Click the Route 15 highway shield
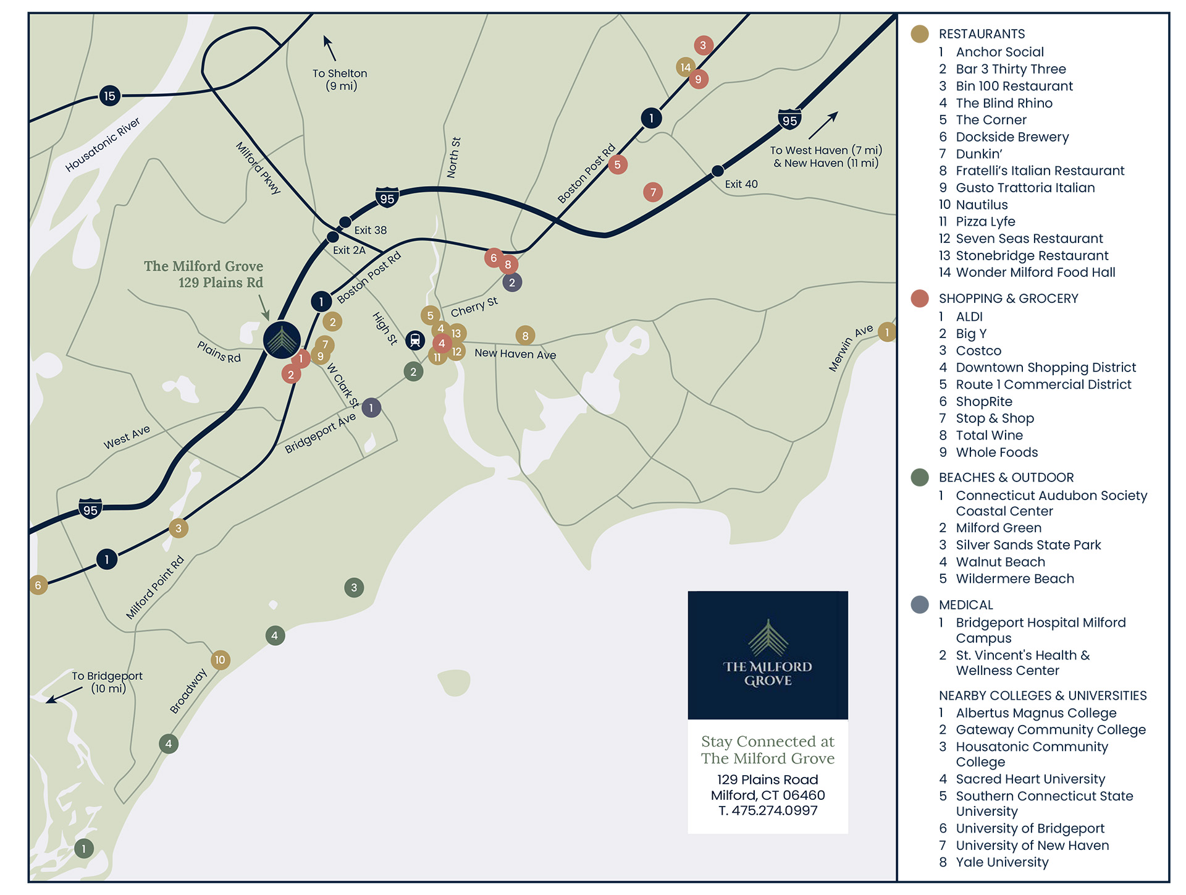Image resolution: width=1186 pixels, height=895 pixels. point(109,96)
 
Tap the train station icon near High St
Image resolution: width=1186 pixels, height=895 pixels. point(415,340)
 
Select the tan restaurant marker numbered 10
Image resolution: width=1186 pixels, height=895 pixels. point(220,660)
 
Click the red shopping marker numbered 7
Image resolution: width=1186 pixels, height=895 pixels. point(653,192)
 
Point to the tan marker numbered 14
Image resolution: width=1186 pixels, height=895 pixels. point(685,67)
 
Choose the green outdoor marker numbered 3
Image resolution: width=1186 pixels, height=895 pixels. point(354,587)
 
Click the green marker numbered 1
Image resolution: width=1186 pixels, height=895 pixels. point(84,848)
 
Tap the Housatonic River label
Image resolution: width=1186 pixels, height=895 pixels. point(103,145)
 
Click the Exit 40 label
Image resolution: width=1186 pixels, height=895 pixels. point(741,184)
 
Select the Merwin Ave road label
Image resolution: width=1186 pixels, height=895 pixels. point(851,348)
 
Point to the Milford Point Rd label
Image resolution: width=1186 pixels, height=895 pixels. point(155,587)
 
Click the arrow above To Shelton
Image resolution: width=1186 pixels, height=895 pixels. point(329,48)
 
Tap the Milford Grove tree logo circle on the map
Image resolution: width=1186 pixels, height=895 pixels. point(282,340)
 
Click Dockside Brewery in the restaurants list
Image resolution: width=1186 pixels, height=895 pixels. point(1012,137)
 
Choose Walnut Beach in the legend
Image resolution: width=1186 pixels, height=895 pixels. point(1000,562)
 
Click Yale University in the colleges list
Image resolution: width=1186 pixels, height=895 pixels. point(1002,862)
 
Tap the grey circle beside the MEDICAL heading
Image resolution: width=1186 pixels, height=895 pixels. point(920,604)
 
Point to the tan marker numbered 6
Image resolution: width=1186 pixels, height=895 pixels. point(38,585)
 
